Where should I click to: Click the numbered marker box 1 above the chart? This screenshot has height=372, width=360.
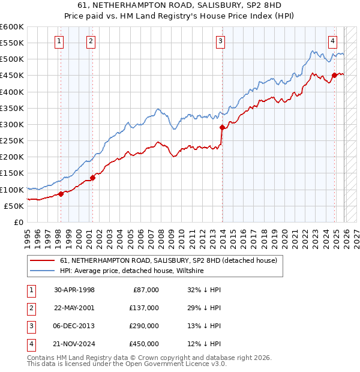(x=60, y=41)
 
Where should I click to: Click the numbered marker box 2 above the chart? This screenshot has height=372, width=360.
(x=91, y=41)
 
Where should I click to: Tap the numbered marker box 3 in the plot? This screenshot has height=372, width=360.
(x=221, y=41)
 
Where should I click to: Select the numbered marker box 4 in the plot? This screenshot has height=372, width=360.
(x=332, y=41)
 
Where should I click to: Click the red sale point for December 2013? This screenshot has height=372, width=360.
(x=222, y=127)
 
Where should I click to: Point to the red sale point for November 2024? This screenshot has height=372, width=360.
(x=334, y=76)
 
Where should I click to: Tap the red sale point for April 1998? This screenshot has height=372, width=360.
(x=61, y=194)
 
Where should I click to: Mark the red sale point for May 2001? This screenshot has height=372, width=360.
(x=92, y=177)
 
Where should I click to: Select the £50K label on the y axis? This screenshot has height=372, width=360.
(x=14, y=206)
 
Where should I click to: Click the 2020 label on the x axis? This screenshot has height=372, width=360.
(x=284, y=238)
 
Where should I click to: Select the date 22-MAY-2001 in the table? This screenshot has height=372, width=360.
(x=74, y=308)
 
